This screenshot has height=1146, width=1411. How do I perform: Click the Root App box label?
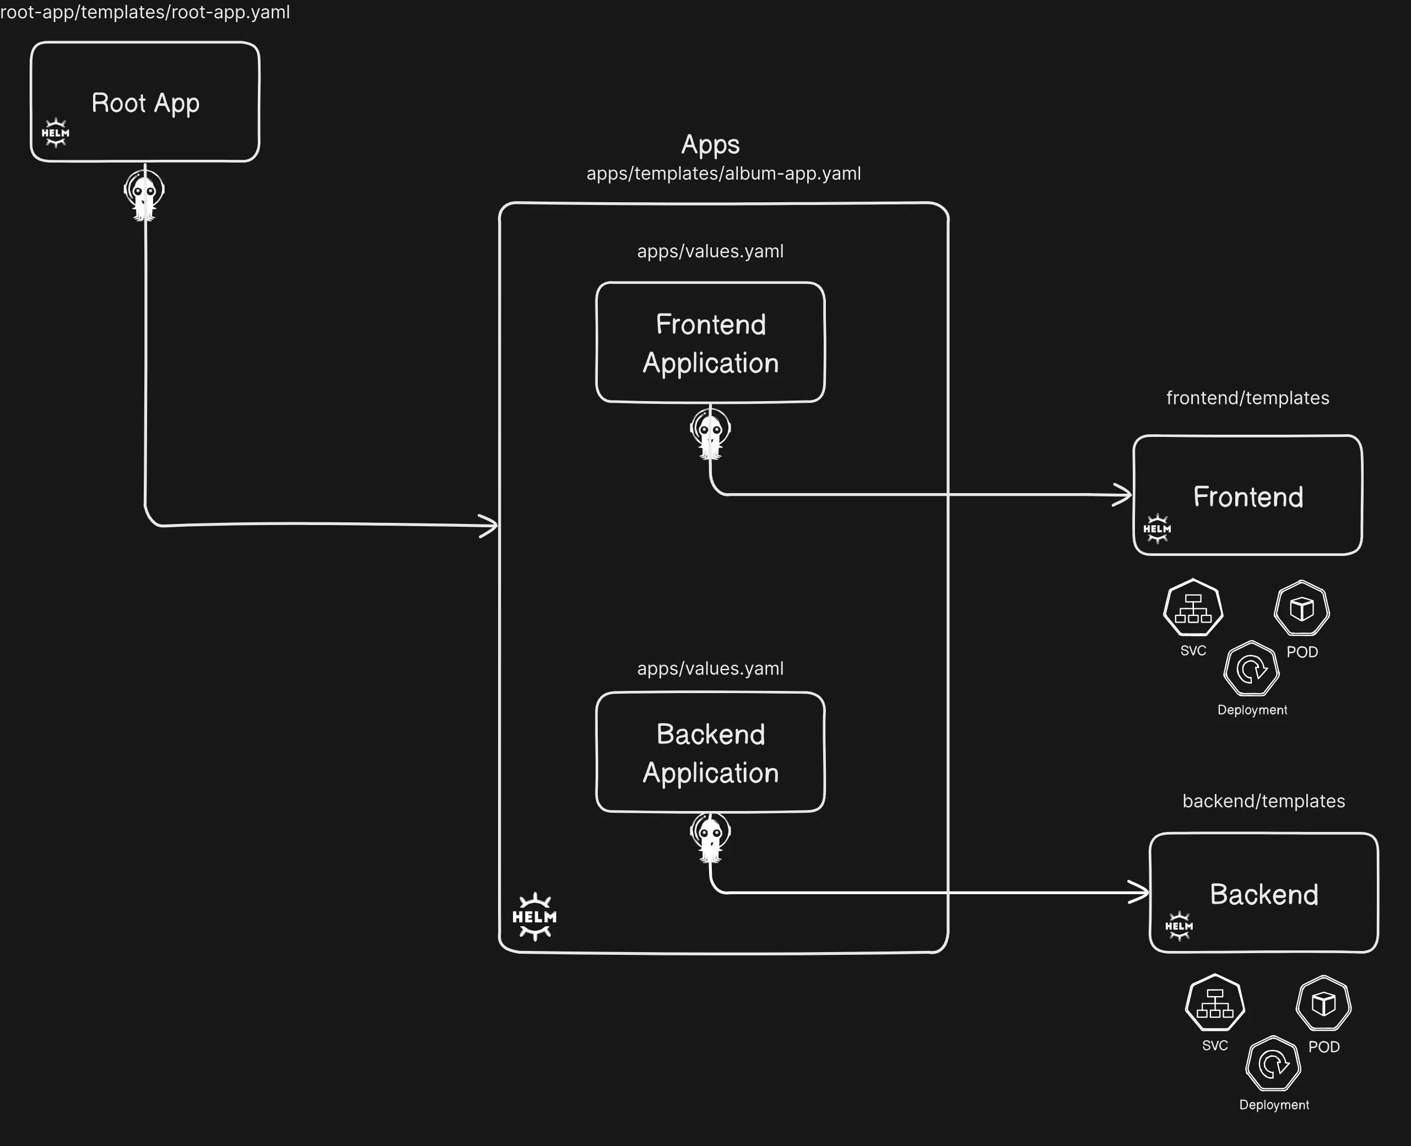point(145,103)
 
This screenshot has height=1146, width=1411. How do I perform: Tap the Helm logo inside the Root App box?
point(56,133)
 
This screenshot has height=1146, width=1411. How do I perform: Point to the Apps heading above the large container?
point(710,144)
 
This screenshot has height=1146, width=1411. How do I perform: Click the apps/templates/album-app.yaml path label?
point(723,174)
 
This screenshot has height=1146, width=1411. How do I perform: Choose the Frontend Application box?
point(710,342)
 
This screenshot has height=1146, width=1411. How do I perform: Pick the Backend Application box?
point(710,752)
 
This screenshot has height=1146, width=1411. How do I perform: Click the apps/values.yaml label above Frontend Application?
point(710,251)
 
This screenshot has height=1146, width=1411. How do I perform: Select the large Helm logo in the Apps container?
point(534,917)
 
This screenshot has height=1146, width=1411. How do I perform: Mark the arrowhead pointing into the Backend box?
point(1139,893)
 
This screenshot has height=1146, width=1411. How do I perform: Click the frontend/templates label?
point(1247,398)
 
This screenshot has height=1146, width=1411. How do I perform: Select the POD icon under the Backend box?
point(1323,1003)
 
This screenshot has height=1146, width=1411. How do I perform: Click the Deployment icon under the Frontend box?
point(1251,668)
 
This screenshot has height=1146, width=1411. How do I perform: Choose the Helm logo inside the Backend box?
point(1178,926)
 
